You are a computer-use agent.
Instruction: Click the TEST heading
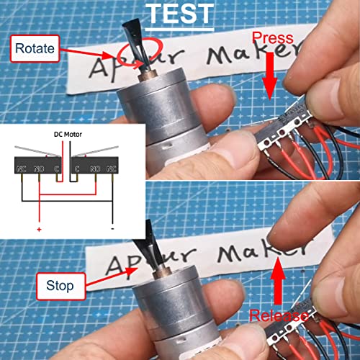pos(179,12)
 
